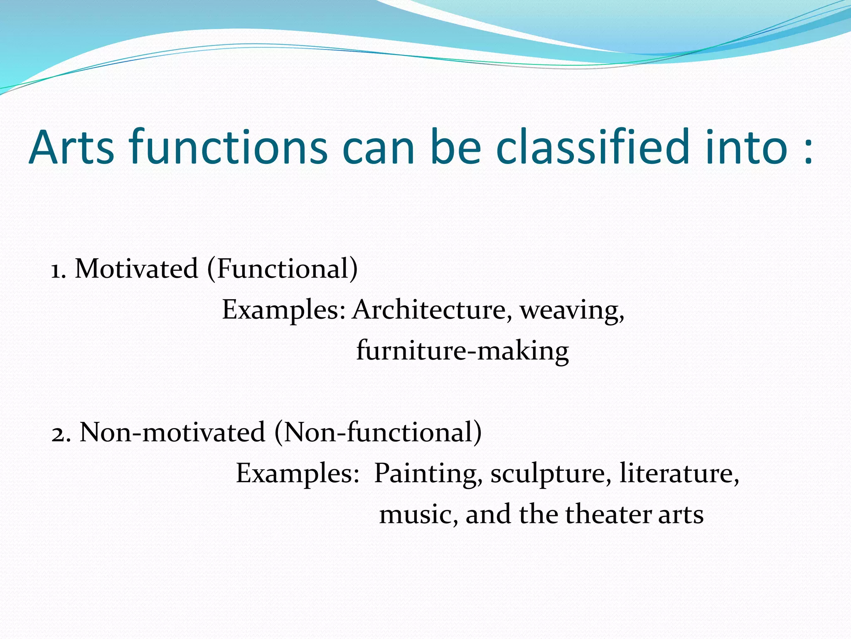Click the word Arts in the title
(x=71, y=148)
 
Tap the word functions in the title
(x=228, y=148)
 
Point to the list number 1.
(x=58, y=270)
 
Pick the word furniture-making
(x=462, y=351)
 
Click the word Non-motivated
(x=172, y=433)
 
